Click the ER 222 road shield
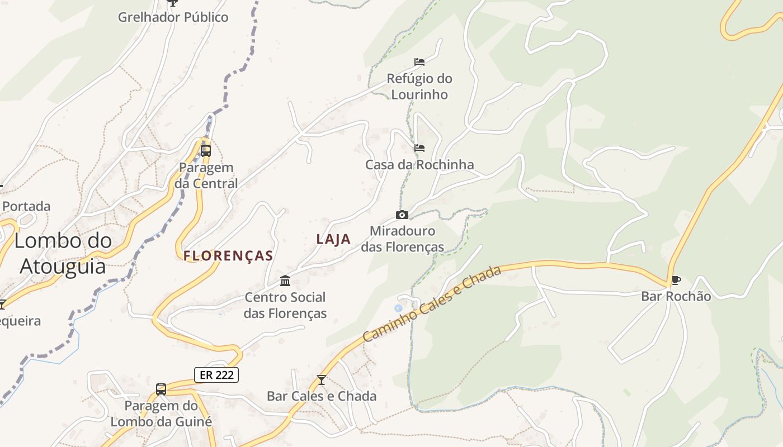[216, 375]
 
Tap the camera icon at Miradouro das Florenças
[402, 215]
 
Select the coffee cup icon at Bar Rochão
[676, 280]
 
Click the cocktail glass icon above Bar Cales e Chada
[321, 380]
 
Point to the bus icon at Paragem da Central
[205, 150]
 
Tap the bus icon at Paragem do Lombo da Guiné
[161, 389]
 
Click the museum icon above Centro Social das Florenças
[285, 280]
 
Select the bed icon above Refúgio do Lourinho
[419, 61]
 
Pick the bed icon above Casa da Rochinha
[419, 148]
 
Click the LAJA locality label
[333, 239]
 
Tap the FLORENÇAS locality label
[228, 256]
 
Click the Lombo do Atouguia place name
[63, 253]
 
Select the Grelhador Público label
[173, 17]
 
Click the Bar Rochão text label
[676, 296]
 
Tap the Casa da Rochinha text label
[419, 165]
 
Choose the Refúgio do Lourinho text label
[419, 87]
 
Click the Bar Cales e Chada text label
[322, 396]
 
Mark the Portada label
[26, 206]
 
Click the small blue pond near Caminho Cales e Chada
[398, 308]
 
